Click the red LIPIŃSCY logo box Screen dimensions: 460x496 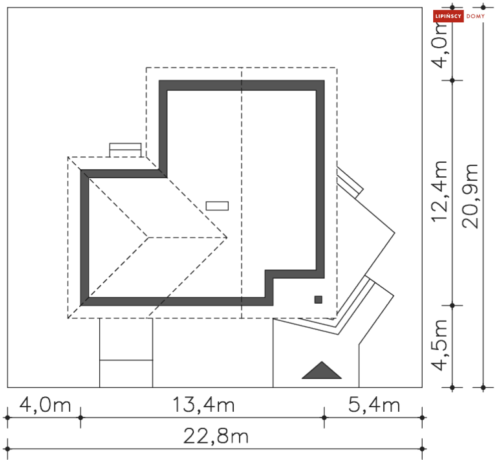449,16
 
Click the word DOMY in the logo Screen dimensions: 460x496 476,16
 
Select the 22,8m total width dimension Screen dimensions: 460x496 215,437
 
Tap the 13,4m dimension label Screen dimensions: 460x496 203,405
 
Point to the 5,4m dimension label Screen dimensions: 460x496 374,405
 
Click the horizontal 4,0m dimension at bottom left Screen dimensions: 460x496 45,405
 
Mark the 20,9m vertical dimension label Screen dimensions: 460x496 470,196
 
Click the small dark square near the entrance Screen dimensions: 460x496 318,299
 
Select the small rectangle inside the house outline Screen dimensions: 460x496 217,206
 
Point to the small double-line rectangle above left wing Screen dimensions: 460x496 125,149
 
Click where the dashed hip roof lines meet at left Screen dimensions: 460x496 148,237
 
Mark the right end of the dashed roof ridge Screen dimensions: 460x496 227,237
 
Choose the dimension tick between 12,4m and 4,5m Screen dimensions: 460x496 452,305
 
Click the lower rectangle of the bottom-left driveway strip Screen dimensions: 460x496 126,373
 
